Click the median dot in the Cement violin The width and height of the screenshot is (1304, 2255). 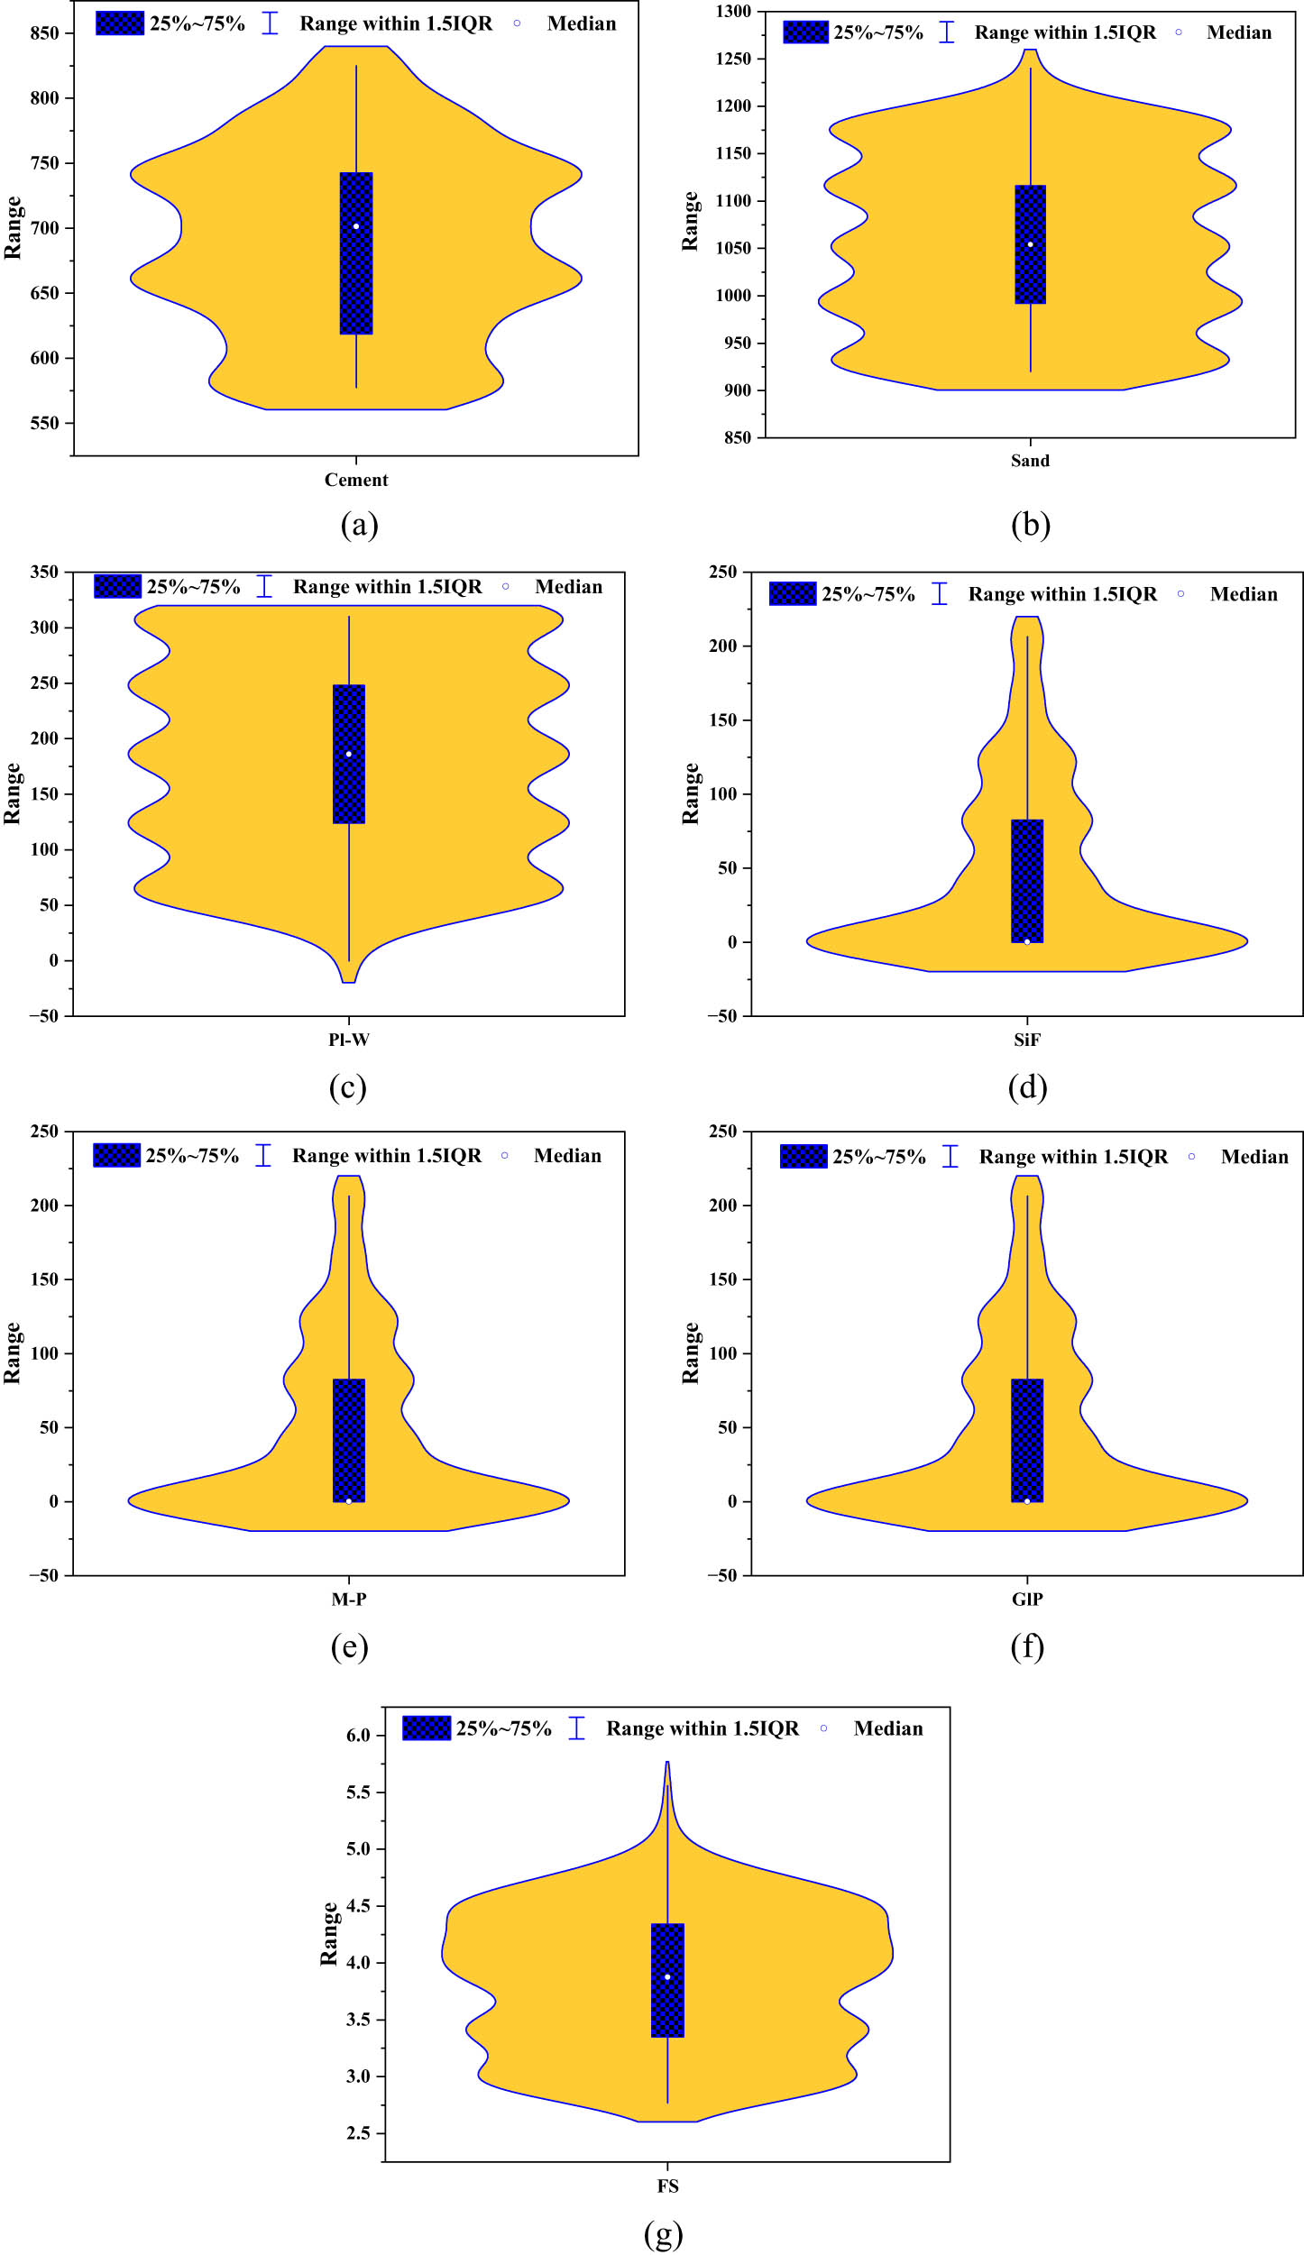(x=356, y=226)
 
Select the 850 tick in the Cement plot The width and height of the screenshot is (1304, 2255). (x=44, y=33)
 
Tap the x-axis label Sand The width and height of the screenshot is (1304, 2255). (x=1030, y=461)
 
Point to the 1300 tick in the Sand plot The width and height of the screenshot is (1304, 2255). (x=733, y=12)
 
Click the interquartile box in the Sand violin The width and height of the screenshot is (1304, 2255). (x=1030, y=244)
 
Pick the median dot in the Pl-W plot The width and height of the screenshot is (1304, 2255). (x=349, y=754)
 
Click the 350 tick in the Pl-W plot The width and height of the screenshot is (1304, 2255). (x=44, y=572)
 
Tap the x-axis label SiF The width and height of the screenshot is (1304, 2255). (x=1026, y=1040)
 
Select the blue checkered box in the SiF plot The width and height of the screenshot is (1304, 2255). (x=1027, y=881)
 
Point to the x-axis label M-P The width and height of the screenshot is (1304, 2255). (x=349, y=1599)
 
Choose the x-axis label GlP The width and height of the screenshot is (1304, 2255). (x=1027, y=1599)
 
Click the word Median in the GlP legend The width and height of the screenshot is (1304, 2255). (x=1254, y=1157)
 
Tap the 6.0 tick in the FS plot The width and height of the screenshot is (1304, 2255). (x=358, y=1736)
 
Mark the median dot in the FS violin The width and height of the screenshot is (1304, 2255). (x=667, y=1977)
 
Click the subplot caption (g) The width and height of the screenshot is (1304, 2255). (x=664, y=2233)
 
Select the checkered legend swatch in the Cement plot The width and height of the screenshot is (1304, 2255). (x=120, y=23)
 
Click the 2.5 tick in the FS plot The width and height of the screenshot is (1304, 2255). (x=358, y=2133)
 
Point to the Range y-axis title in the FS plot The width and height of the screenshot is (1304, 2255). (x=329, y=1934)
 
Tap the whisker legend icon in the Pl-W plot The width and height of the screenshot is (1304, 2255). (x=264, y=586)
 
